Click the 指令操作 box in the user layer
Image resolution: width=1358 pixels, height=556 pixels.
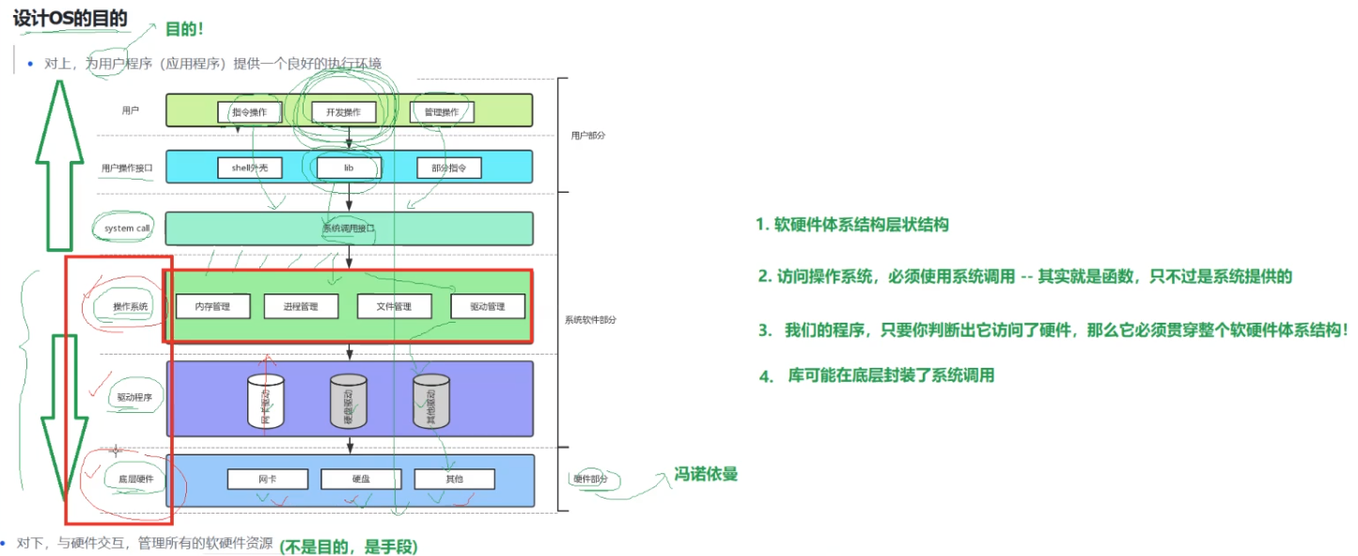click(x=249, y=112)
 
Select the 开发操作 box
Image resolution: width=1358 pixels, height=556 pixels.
click(x=343, y=112)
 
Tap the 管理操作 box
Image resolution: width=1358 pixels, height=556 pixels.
click(x=441, y=112)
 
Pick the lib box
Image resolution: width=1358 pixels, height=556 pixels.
click(x=348, y=167)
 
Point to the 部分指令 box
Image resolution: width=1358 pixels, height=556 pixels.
click(x=448, y=167)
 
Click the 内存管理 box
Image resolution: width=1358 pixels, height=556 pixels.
click(x=213, y=307)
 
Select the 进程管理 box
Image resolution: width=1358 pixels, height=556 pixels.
click(x=303, y=307)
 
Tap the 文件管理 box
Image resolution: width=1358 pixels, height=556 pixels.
click(x=395, y=307)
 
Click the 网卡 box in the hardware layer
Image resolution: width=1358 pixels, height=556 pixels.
click(x=267, y=479)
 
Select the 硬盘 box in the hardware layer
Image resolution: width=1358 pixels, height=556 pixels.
click(x=361, y=479)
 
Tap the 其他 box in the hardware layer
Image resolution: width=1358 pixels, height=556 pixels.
click(x=454, y=479)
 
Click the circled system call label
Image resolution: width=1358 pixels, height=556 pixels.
click(x=127, y=229)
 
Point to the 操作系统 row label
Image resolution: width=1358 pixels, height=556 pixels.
click(x=130, y=307)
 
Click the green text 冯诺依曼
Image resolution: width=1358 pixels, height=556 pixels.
click(x=706, y=474)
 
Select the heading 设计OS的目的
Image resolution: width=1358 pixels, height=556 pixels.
click(x=70, y=18)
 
